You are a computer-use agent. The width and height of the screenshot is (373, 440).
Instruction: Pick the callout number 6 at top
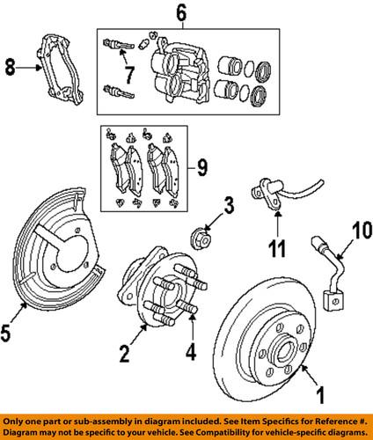181,13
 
